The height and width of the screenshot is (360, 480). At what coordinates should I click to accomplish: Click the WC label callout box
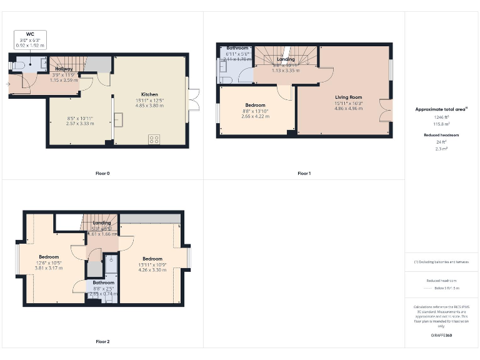coord(30,40)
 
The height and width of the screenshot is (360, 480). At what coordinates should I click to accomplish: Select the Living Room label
coord(348,97)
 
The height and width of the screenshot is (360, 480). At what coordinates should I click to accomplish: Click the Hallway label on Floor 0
coord(64,69)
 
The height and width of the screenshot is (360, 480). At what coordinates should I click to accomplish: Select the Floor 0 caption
coord(102,173)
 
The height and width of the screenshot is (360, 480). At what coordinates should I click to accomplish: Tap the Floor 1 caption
coord(304,173)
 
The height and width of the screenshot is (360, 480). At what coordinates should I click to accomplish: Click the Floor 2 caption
coord(102,342)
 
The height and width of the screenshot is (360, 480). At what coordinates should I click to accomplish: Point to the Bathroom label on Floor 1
coord(237,48)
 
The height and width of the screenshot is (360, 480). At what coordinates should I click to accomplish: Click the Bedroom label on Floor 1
coord(255,105)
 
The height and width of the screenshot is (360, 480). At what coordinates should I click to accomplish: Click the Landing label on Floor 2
coord(102,223)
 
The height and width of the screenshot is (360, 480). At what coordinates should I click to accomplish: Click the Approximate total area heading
coord(441,109)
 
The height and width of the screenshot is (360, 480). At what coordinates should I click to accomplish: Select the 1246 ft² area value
coord(441,117)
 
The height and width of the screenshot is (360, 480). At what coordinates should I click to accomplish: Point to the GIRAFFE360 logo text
coord(441,336)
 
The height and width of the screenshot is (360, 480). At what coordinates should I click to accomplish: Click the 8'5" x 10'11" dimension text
coord(80,118)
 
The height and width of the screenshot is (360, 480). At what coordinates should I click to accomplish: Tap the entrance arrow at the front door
coord(9,83)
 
